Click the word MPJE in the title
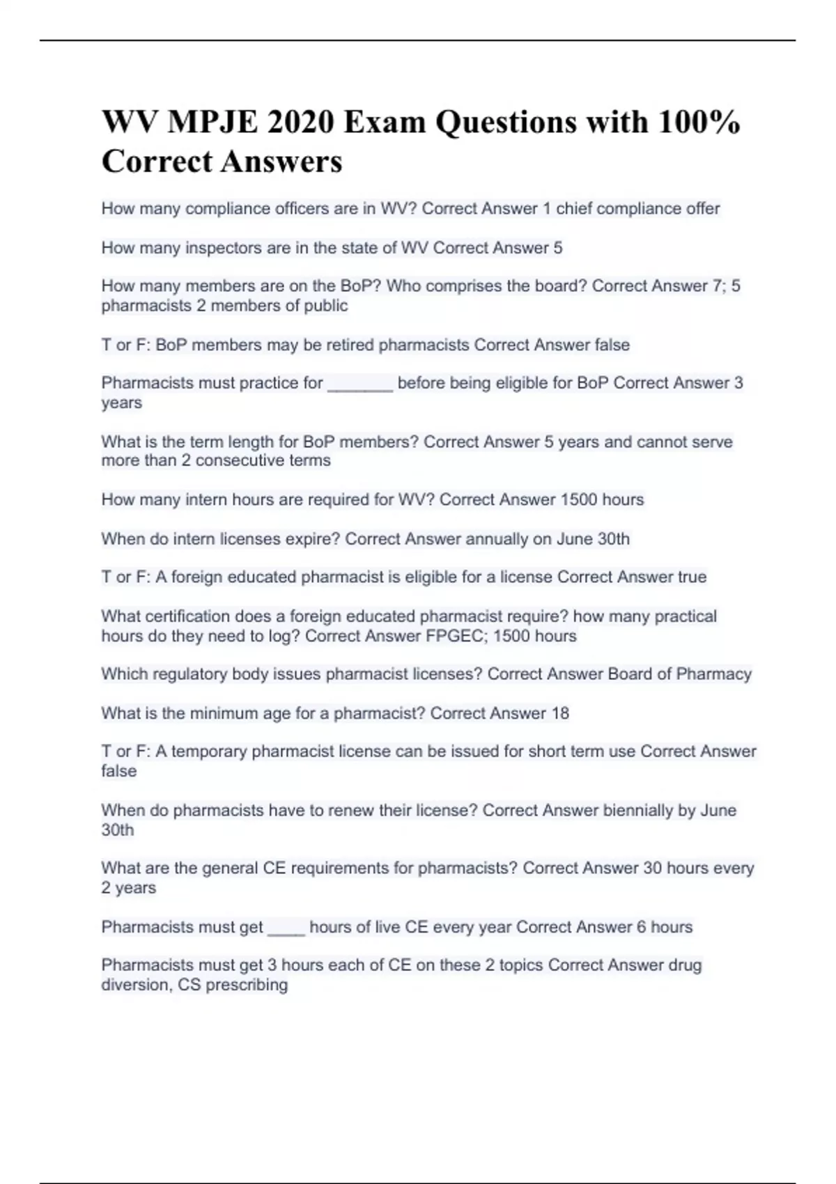point(210,122)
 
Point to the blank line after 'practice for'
point(359,384)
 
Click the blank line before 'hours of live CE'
point(286,928)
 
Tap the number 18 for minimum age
point(559,713)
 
